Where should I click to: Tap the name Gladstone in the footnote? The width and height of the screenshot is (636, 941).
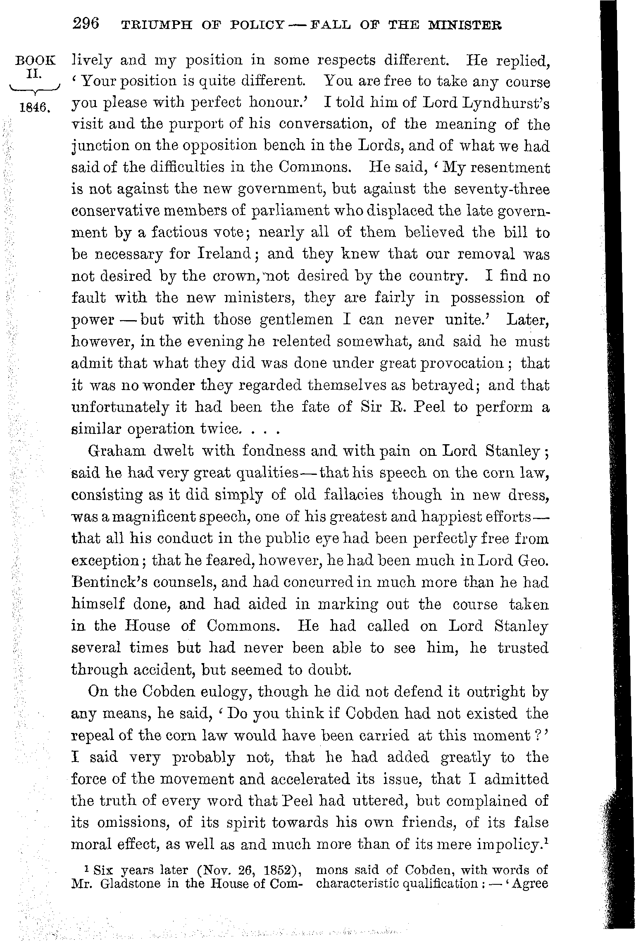pyautogui.click(x=131, y=884)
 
